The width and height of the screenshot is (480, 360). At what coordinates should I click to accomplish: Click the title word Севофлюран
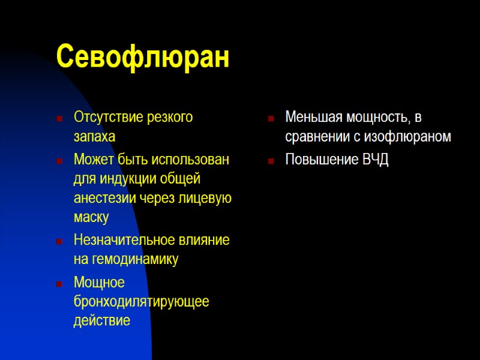(x=143, y=58)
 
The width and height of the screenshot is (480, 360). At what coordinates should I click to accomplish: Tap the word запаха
(x=94, y=137)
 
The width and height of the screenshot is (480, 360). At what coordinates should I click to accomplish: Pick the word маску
(x=91, y=217)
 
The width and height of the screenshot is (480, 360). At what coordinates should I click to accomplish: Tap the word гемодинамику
(x=134, y=260)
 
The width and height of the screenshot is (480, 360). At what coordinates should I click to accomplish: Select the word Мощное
(x=99, y=282)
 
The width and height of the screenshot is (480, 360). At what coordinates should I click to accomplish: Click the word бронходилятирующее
(x=141, y=301)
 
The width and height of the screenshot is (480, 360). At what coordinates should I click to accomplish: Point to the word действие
(x=101, y=321)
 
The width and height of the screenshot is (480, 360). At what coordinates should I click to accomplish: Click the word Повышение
(x=322, y=160)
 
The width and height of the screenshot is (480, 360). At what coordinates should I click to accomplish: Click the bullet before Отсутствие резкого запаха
(x=59, y=118)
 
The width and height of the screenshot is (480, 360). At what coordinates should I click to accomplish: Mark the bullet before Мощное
(x=59, y=283)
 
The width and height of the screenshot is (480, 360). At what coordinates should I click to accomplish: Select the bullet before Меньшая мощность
(x=271, y=118)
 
